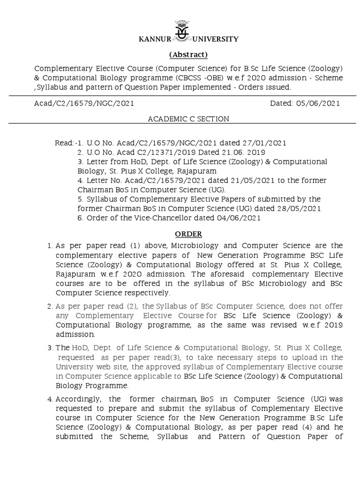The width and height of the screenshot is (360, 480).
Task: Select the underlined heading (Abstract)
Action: point(188,54)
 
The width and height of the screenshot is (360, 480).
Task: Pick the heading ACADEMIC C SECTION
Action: point(188,119)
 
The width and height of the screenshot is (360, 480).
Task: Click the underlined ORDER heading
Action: point(188,233)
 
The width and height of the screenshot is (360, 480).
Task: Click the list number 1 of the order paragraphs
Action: point(50,246)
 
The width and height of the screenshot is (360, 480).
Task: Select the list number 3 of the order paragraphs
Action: point(50,348)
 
